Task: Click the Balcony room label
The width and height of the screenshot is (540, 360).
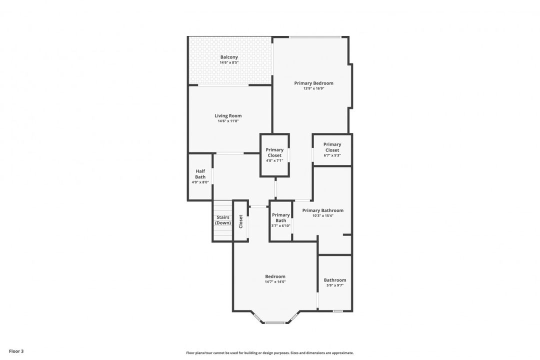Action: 229,57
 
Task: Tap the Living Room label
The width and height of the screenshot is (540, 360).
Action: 228,116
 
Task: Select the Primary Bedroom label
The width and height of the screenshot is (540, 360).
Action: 313,83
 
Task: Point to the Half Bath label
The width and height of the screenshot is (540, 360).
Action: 200,174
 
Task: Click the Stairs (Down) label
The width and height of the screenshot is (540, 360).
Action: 223,220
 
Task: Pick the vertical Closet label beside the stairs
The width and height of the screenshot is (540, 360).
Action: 240,221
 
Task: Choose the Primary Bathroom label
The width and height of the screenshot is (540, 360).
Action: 322,210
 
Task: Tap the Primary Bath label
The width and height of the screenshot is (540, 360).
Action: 280,217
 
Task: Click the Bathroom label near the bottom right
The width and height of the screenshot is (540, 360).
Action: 334,280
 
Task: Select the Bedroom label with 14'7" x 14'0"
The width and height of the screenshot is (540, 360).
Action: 275,276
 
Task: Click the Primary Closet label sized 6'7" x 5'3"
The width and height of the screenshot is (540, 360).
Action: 332,147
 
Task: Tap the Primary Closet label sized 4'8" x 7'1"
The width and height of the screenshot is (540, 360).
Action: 274,152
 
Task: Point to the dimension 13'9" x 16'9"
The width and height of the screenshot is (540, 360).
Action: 313,88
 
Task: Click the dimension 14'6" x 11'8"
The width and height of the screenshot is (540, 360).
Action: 228,121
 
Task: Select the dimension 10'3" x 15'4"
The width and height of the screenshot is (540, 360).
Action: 322,216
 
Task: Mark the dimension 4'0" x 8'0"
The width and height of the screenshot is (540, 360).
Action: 200,182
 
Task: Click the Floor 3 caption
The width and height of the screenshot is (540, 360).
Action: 16,351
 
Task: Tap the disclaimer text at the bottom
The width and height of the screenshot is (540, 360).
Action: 269,353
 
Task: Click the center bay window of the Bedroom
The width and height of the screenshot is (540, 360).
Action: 275,323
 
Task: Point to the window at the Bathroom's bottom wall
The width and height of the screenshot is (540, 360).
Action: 337,311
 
